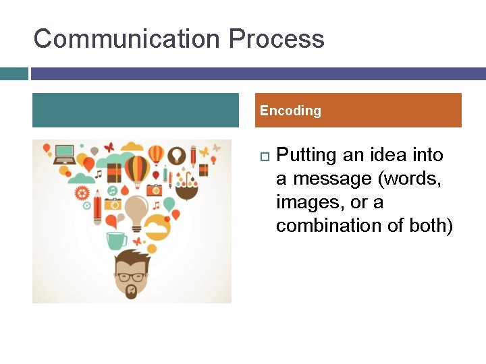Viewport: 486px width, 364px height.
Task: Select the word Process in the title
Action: [x=277, y=39]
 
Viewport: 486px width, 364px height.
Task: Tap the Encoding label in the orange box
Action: [x=290, y=111]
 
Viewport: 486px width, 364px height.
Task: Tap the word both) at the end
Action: [x=431, y=226]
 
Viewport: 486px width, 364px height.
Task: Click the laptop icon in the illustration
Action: [x=65, y=154]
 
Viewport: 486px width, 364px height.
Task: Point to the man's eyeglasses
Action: [x=132, y=276]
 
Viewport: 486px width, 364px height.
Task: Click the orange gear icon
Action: [x=82, y=193]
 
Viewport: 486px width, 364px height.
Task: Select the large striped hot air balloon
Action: [x=137, y=169]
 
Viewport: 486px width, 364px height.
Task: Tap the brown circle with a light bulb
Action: [x=177, y=154]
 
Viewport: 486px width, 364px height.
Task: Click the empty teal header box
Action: [x=136, y=111]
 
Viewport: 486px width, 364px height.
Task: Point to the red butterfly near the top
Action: [x=108, y=146]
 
